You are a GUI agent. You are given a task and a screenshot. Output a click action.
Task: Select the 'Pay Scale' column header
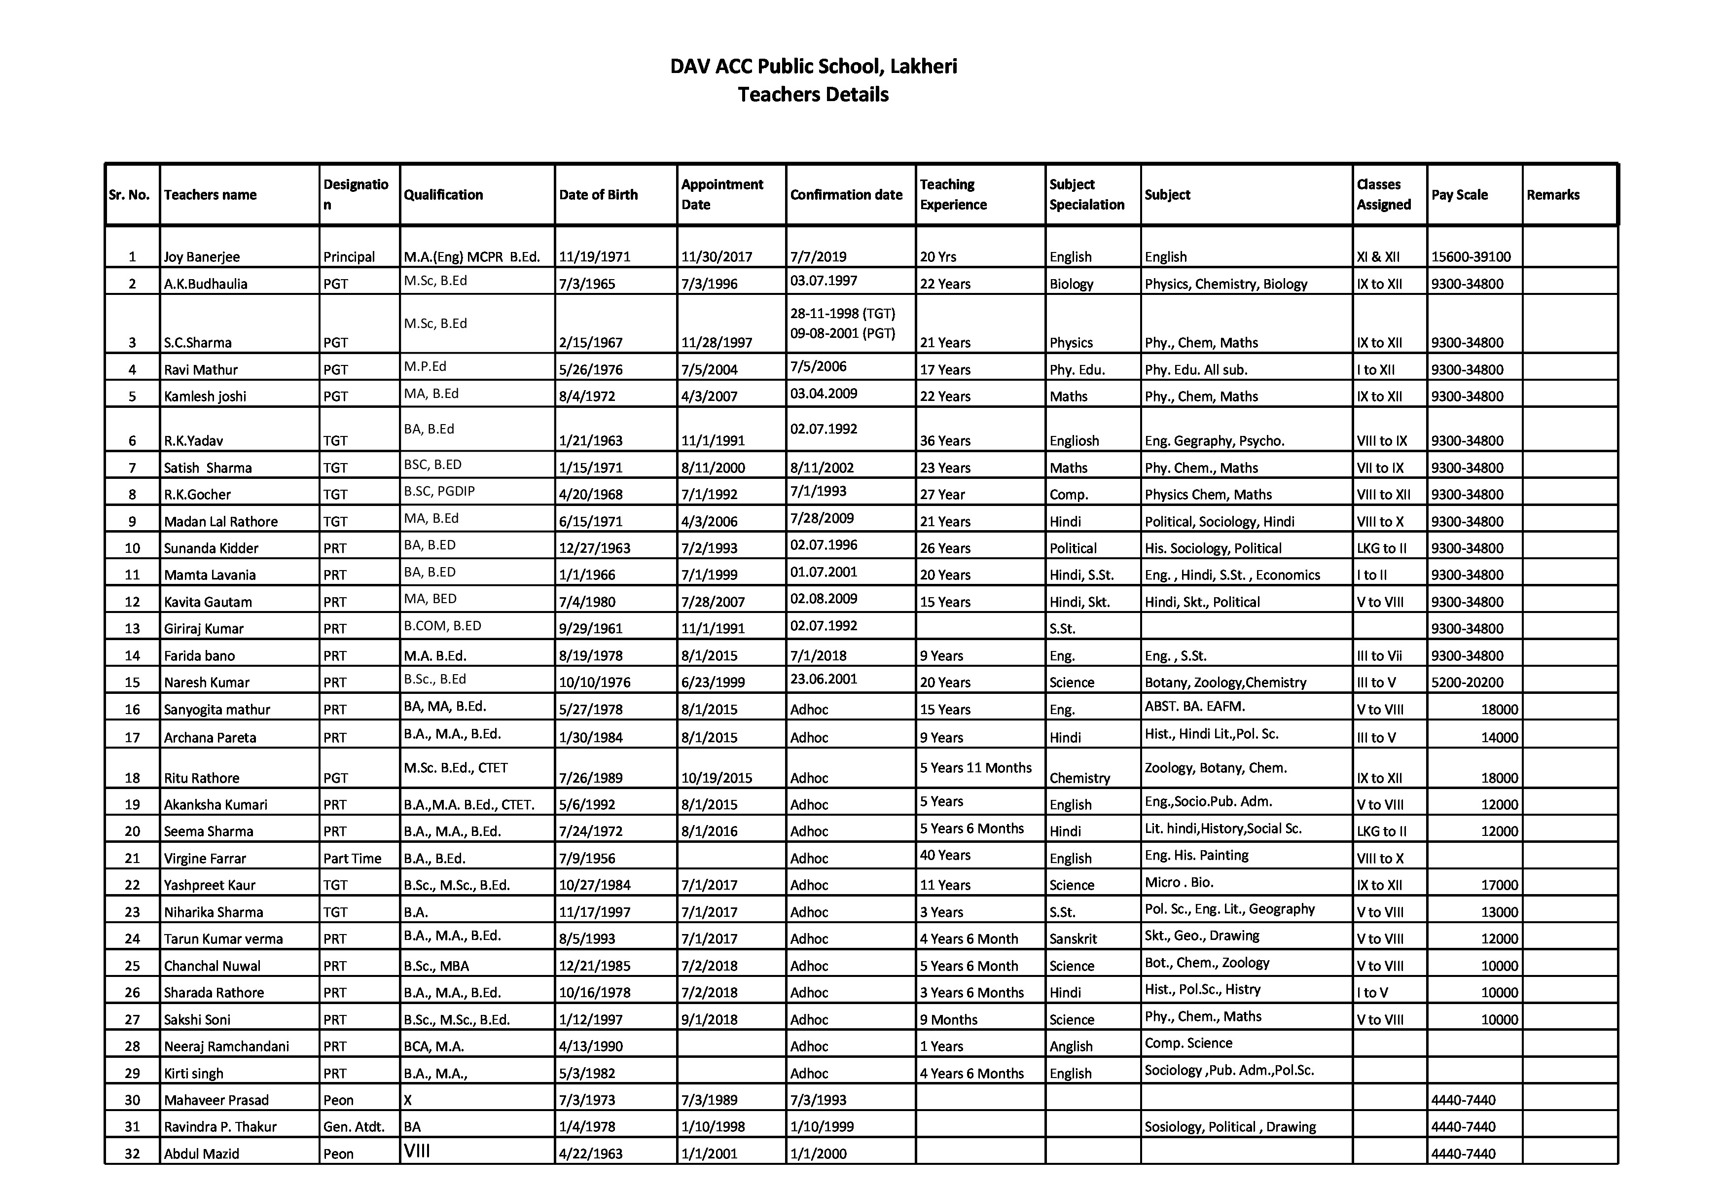(1459, 194)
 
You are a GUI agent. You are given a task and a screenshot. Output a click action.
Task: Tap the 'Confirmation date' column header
(846, 194)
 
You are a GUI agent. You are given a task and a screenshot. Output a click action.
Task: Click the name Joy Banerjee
(202, 257)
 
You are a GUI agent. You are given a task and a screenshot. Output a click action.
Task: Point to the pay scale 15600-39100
(1471, 257)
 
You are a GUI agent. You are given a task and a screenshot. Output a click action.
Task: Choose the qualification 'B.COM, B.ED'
(442, 626)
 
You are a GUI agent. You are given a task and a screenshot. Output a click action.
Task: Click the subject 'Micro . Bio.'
(1179, 883)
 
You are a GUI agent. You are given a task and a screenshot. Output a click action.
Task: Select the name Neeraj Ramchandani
(226, 1046)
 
